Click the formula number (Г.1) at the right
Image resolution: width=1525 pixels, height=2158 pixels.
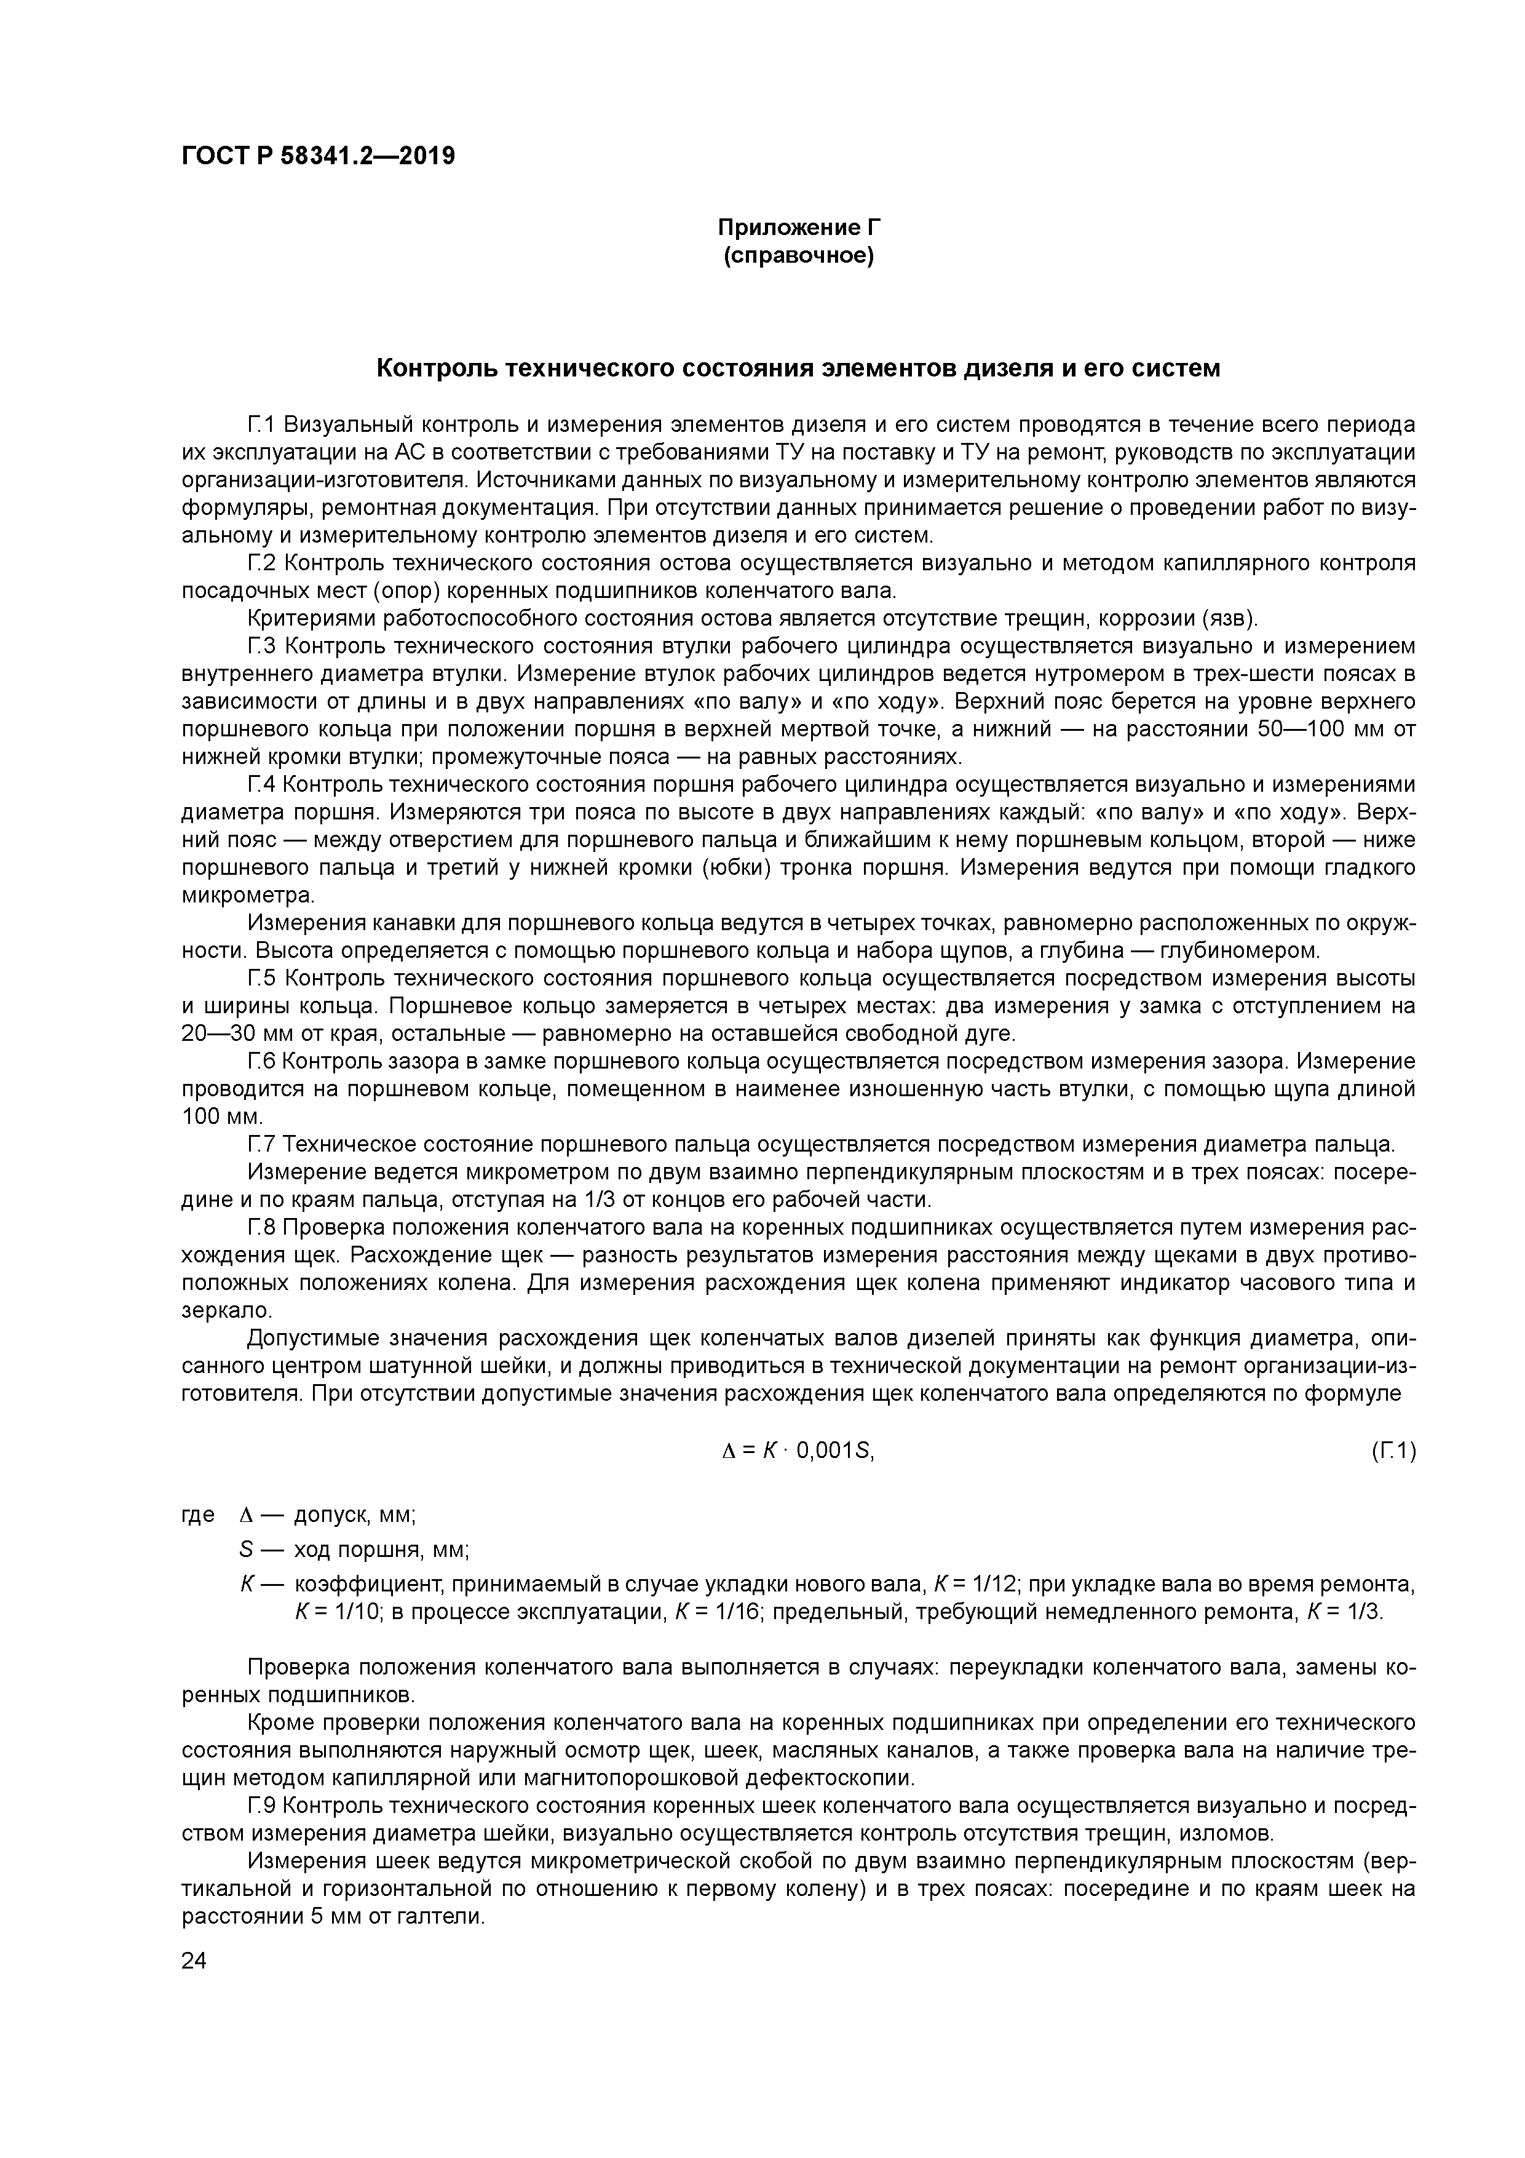click(x=1393, y=1451)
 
